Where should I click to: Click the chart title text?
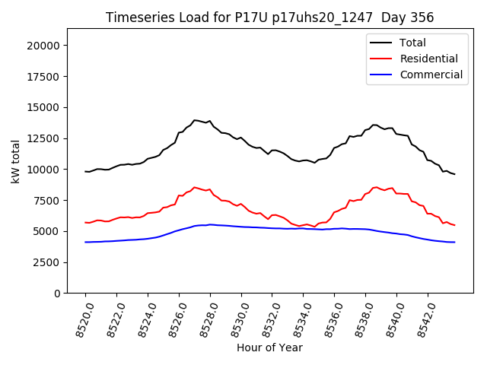point(270,17)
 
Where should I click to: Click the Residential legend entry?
point(428,59)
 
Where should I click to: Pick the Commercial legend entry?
point(431,75)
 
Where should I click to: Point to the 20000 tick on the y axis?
point(45,46)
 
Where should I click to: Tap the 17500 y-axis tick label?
point(45,76)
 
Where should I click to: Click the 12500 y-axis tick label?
point(45,138)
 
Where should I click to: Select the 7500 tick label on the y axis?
point(48,200)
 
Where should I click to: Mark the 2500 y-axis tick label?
point(48,262)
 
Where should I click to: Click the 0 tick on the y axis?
point(58,294)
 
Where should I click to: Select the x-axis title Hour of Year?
point(269,348)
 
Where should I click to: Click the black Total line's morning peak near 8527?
point(196,120)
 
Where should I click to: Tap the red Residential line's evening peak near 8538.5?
point(375,186)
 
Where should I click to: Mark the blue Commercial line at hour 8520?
point(86,242)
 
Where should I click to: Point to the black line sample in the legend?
point(381,43)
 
